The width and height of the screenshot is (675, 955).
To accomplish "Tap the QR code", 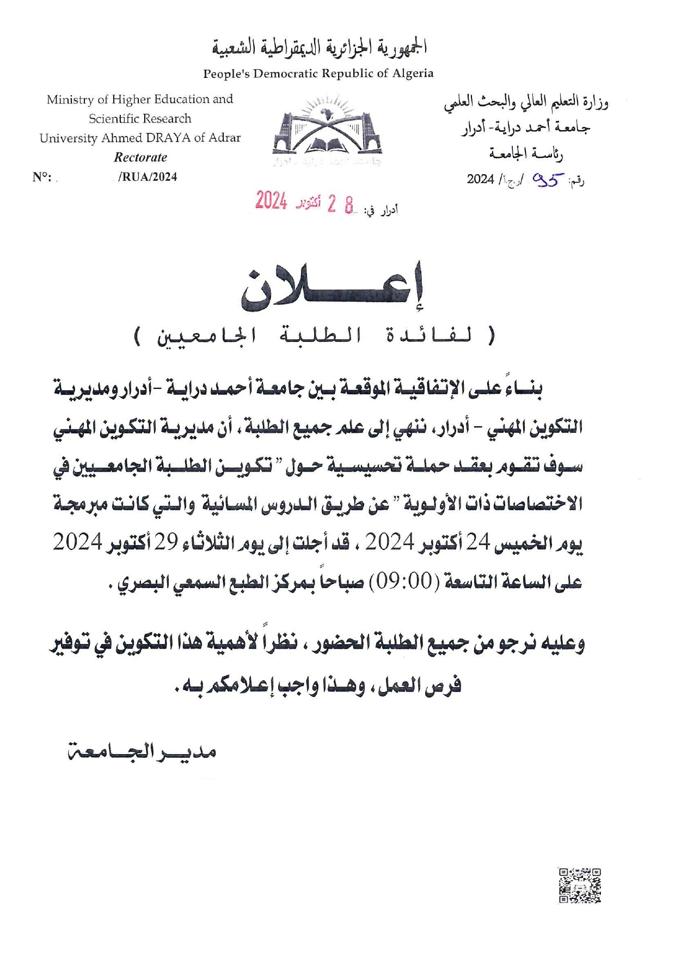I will pyautogui.click(x=580, y=886).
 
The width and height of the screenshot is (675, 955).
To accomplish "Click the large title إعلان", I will pyautogui.click(x=333, y=289).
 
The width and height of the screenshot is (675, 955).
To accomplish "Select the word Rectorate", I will pyautogui.click(x=140, y=157).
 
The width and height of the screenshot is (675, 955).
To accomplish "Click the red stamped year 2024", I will pyautogui.click(x=271, y=201).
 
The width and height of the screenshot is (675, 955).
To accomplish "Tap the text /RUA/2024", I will pyautogui.click(x=147, y=177).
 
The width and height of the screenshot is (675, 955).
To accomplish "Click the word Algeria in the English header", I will pyautogui.click(x=412, y=74).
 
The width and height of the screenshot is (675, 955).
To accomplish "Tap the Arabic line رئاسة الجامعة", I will pyautogui.click(x=526, y=154).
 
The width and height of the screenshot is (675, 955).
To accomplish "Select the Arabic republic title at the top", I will pyautogui.click(x=319, y=48).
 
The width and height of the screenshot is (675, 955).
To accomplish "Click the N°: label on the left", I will pyautogui.click(x=42, y=177).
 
